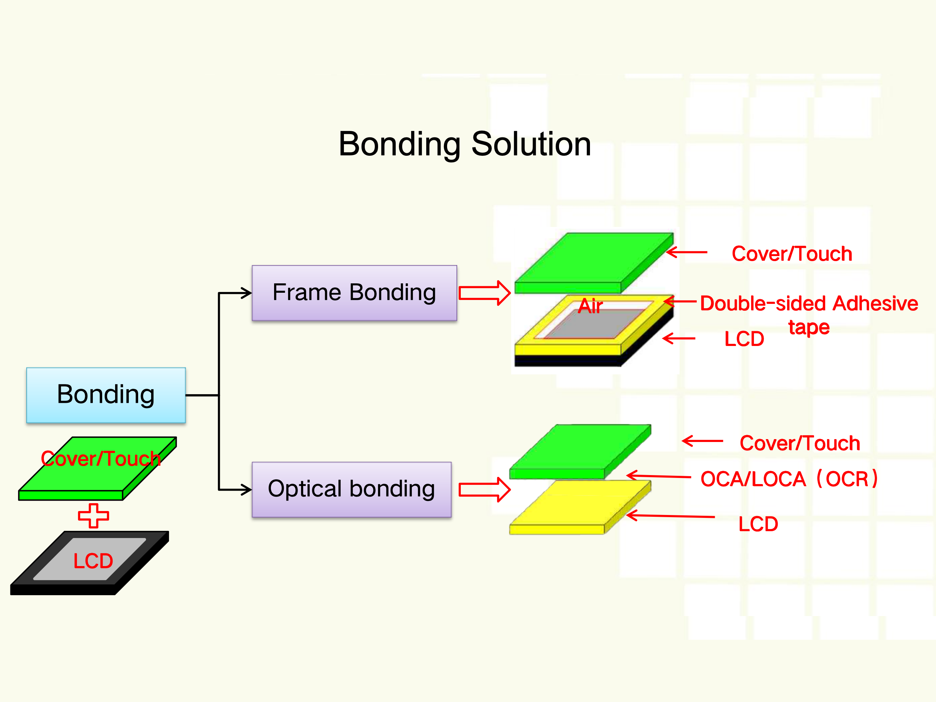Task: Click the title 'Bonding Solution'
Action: [465, 144]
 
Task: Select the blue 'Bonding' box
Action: [106, 395]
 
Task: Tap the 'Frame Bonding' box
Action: [354, 293]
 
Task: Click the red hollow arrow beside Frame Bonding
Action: [485, 293]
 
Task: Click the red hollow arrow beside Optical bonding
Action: [485, 489]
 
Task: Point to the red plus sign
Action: [94, 515]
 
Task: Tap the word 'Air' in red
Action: [590, 306]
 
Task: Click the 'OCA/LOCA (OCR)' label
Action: [789, 479]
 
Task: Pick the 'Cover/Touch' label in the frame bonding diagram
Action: [792, 254]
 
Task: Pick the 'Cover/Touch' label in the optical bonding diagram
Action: [800, 443]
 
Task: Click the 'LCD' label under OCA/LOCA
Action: [758, 524]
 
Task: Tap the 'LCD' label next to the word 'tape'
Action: [744, 339]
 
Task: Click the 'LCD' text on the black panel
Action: [93, 561]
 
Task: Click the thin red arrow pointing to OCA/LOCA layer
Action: [658, 476]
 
